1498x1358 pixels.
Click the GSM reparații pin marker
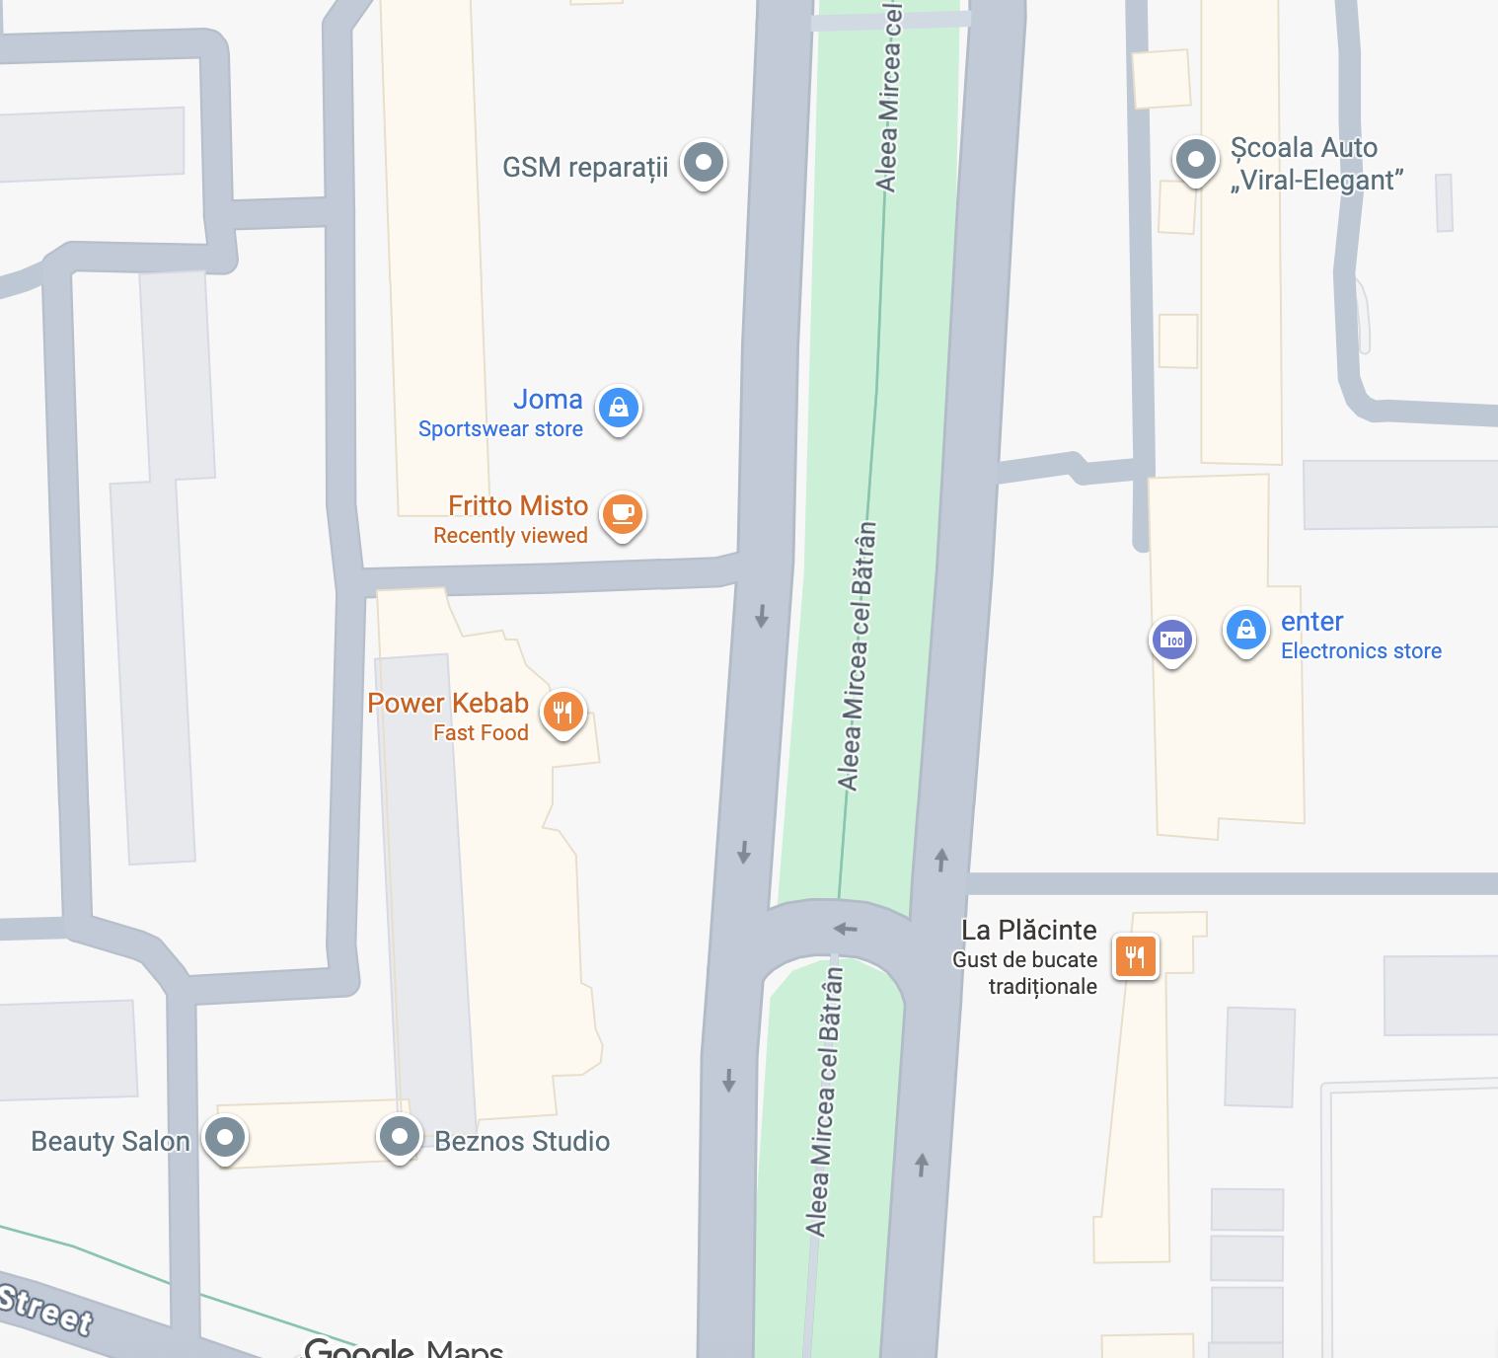[x=704, y=162]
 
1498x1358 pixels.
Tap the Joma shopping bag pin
[x=619, y=407]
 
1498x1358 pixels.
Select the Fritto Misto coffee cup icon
[x=623, y=513]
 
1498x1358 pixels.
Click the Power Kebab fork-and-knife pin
[x=563, y=711]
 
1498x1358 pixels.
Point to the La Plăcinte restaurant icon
[x=1136, y=955]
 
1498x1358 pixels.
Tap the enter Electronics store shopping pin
[x=1245, y=629]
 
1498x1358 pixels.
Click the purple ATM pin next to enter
[x=1172, y=640]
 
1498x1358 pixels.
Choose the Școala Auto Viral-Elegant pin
[x=1196, y=158]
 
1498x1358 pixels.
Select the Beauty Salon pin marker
[x=225, y=1137]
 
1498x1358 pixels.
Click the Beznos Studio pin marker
[x=400, y=1137]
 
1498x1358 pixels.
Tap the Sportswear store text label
[x=500, y=429]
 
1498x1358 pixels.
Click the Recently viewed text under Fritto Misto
[x=510, y=536]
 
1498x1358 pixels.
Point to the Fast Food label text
[x=481, y=733]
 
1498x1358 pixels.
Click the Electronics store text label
[x=1361, y=651]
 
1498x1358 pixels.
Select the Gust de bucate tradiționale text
[x=1025, y=973]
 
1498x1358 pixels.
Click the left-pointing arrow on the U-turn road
[x=845, y=929]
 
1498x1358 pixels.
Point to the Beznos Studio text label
[x=522, y=1142]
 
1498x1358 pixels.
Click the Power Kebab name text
[x=448, y=703]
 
